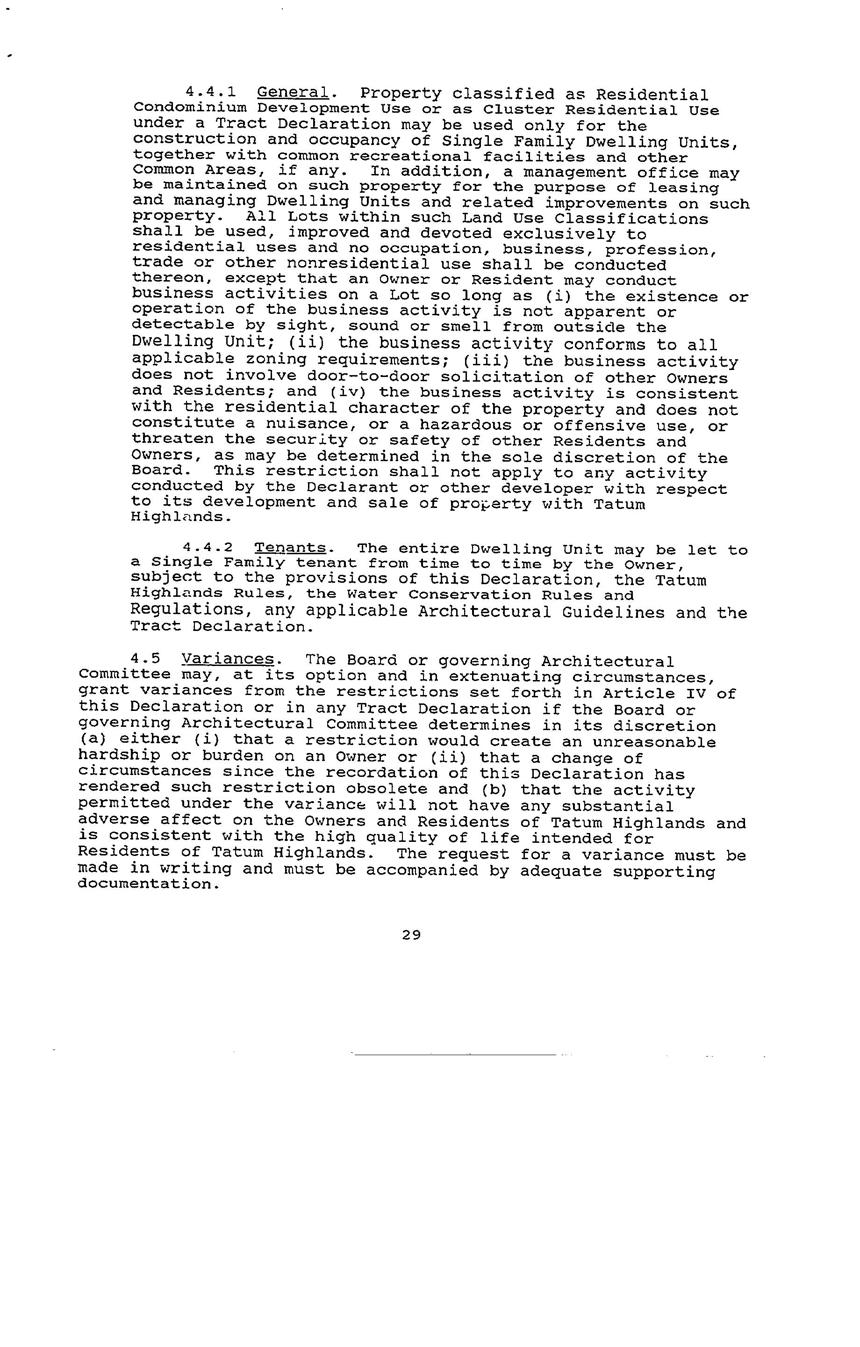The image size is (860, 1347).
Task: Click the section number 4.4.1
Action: pos(210,92)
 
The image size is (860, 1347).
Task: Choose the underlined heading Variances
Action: pos(228,660)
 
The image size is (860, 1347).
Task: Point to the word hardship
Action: pos(119,756)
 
